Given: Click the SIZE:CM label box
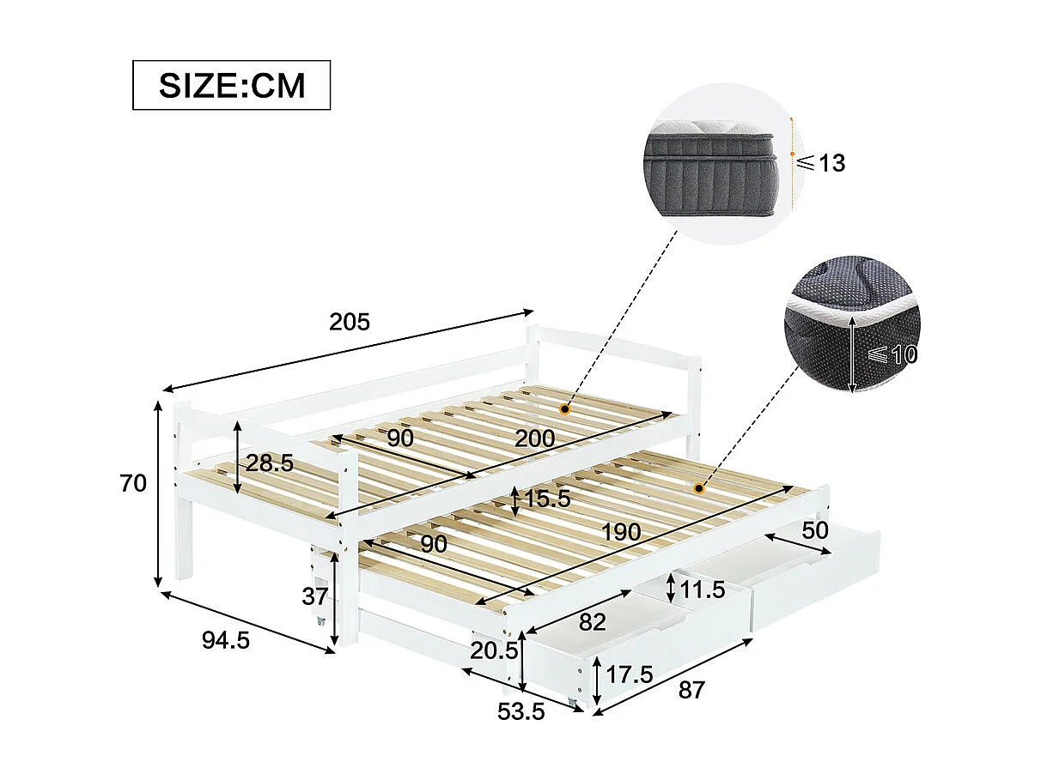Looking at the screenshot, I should click(231, 85).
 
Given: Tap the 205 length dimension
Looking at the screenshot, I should click(350, 322).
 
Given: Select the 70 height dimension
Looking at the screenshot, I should click(133, 483).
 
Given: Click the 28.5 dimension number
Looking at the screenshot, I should click(270, 463).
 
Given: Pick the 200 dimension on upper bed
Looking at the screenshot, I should click(534, 438).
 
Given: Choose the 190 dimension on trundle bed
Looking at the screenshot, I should click(620, 532).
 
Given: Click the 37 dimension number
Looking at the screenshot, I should click(315, 596).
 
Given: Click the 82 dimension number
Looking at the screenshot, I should click(592, 621).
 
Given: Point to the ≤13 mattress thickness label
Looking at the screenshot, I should click(820, 163).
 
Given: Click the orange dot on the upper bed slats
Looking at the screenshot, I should click(564, 409).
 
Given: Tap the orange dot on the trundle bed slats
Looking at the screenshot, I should click(699, 489).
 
